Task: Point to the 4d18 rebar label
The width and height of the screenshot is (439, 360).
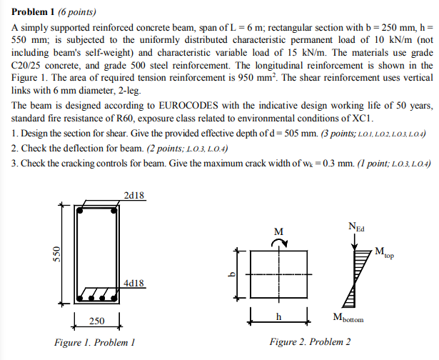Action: click(x=134, y=282)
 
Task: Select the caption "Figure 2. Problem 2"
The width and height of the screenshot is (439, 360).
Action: click(x=310, y=342)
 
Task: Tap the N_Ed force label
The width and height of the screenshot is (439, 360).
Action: click(x=355, y=228)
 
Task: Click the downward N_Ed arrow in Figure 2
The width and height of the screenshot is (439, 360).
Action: click(x=355, y=244)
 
